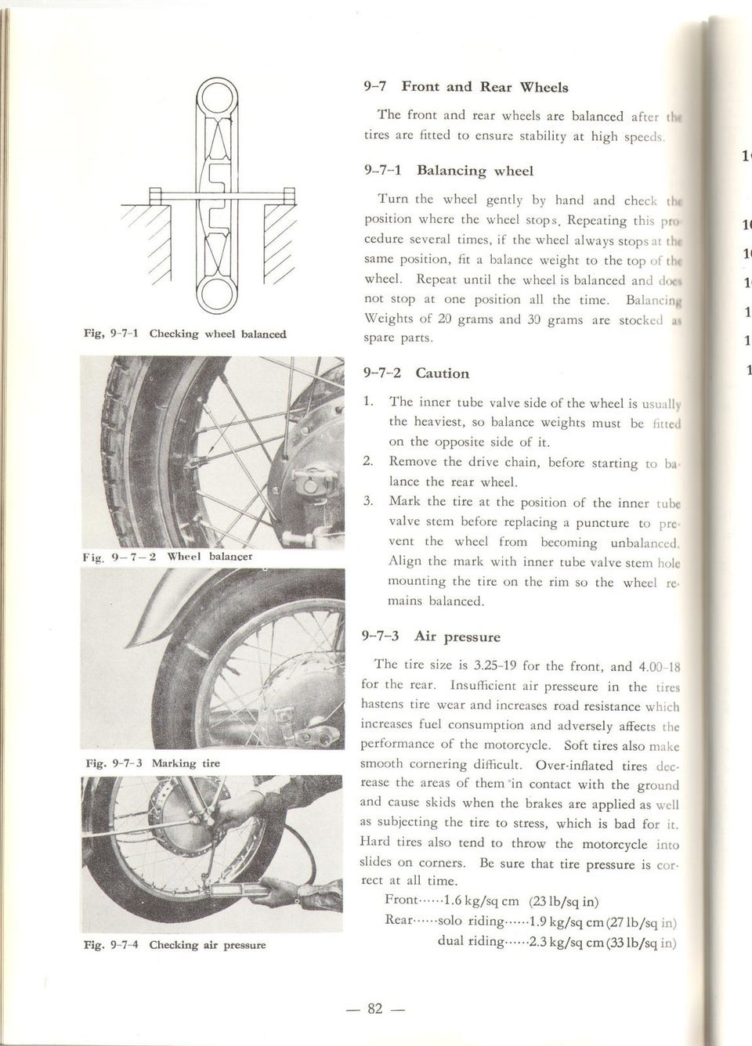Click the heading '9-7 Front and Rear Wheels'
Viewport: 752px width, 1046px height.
pyautogui.click(x=466, y=87)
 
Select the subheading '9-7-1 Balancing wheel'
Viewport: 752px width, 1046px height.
pyautogui.click(x=449, y=170)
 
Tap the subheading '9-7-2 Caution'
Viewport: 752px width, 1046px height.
pyautogui.click(x=417, y=373)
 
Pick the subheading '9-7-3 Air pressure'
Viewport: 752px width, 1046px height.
pyautogui.click(x=430, y=637)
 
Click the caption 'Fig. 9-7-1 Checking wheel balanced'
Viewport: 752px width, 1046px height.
pyautogui.click(x=185, y=334)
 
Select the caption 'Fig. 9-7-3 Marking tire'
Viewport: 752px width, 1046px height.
pyautogui.click(x=152, y=763)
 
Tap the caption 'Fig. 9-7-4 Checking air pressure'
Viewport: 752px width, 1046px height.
pyautogui.click(x=175, y=945)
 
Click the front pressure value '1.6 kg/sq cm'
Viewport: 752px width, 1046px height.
pyautogui.click(x=476, y=900)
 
